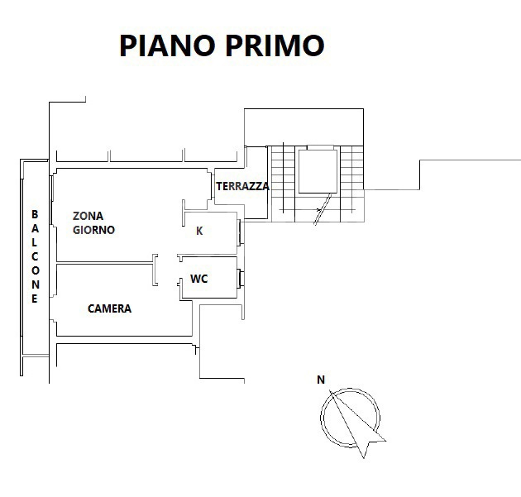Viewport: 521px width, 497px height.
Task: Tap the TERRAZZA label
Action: [242, 187]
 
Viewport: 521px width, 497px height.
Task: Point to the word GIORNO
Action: [93, 230]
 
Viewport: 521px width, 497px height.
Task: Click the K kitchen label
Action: [199, 232]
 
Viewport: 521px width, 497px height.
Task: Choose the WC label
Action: [199, 279]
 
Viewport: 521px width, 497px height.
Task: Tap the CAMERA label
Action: [109, 308]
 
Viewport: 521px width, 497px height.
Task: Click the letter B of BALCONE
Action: [35, 213]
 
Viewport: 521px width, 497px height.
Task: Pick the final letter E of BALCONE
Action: [35, 299]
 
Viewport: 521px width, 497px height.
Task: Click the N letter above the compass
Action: [320, 380]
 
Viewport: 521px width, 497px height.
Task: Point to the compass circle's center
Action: [350, 418]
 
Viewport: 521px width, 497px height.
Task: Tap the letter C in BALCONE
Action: [35, 256]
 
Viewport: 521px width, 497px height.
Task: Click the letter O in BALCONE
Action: [35, 270]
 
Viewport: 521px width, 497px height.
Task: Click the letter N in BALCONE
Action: [35, 284]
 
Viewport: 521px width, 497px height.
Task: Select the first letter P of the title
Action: [131, 45]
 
